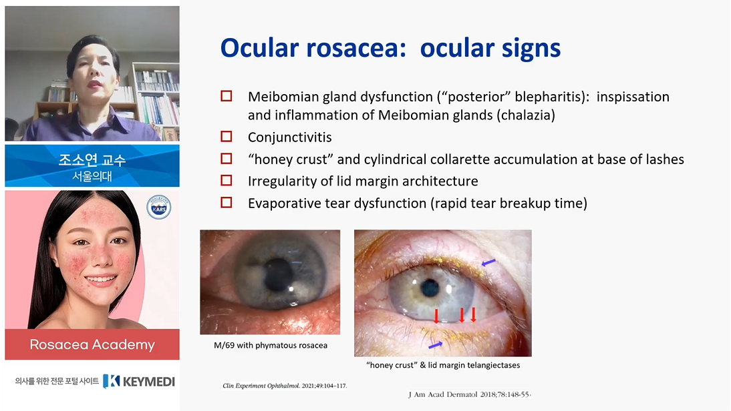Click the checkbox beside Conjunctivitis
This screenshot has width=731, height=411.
226,136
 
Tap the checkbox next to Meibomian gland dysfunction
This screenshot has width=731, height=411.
226,96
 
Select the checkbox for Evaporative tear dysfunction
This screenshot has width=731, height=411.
226,202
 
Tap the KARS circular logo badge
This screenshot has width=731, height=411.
159,207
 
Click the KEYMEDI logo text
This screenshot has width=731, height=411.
139,381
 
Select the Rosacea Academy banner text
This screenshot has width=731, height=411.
92,344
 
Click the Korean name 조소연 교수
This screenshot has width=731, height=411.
92,159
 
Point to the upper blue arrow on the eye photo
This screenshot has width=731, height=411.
488,264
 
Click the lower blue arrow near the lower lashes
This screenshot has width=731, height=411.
436,345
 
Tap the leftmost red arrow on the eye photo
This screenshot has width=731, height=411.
436,316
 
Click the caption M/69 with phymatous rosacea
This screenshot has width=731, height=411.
271,346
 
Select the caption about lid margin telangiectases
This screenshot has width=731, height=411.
443,365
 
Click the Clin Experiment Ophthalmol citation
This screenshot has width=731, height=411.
285,386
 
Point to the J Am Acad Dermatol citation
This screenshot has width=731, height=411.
470,394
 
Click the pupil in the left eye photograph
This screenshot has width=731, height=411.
278,274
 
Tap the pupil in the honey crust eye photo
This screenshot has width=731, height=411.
430,289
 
